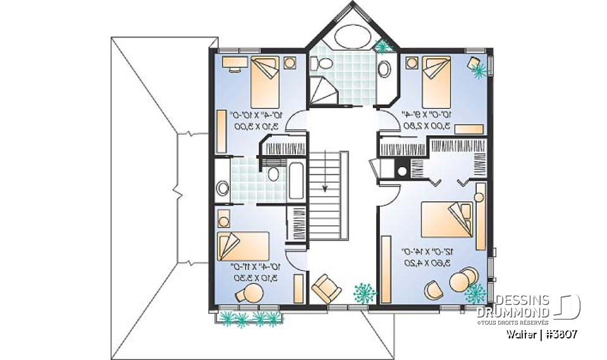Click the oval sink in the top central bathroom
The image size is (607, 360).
[x=384, y=68]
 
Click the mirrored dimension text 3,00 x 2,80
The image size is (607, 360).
[x=427, y=126]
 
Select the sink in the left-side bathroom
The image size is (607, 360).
[x=223, y=188]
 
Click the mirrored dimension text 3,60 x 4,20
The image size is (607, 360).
[x=427, y=263]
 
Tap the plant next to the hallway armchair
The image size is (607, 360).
[x=363, y=292]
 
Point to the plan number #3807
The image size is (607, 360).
[x=558, y=333]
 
